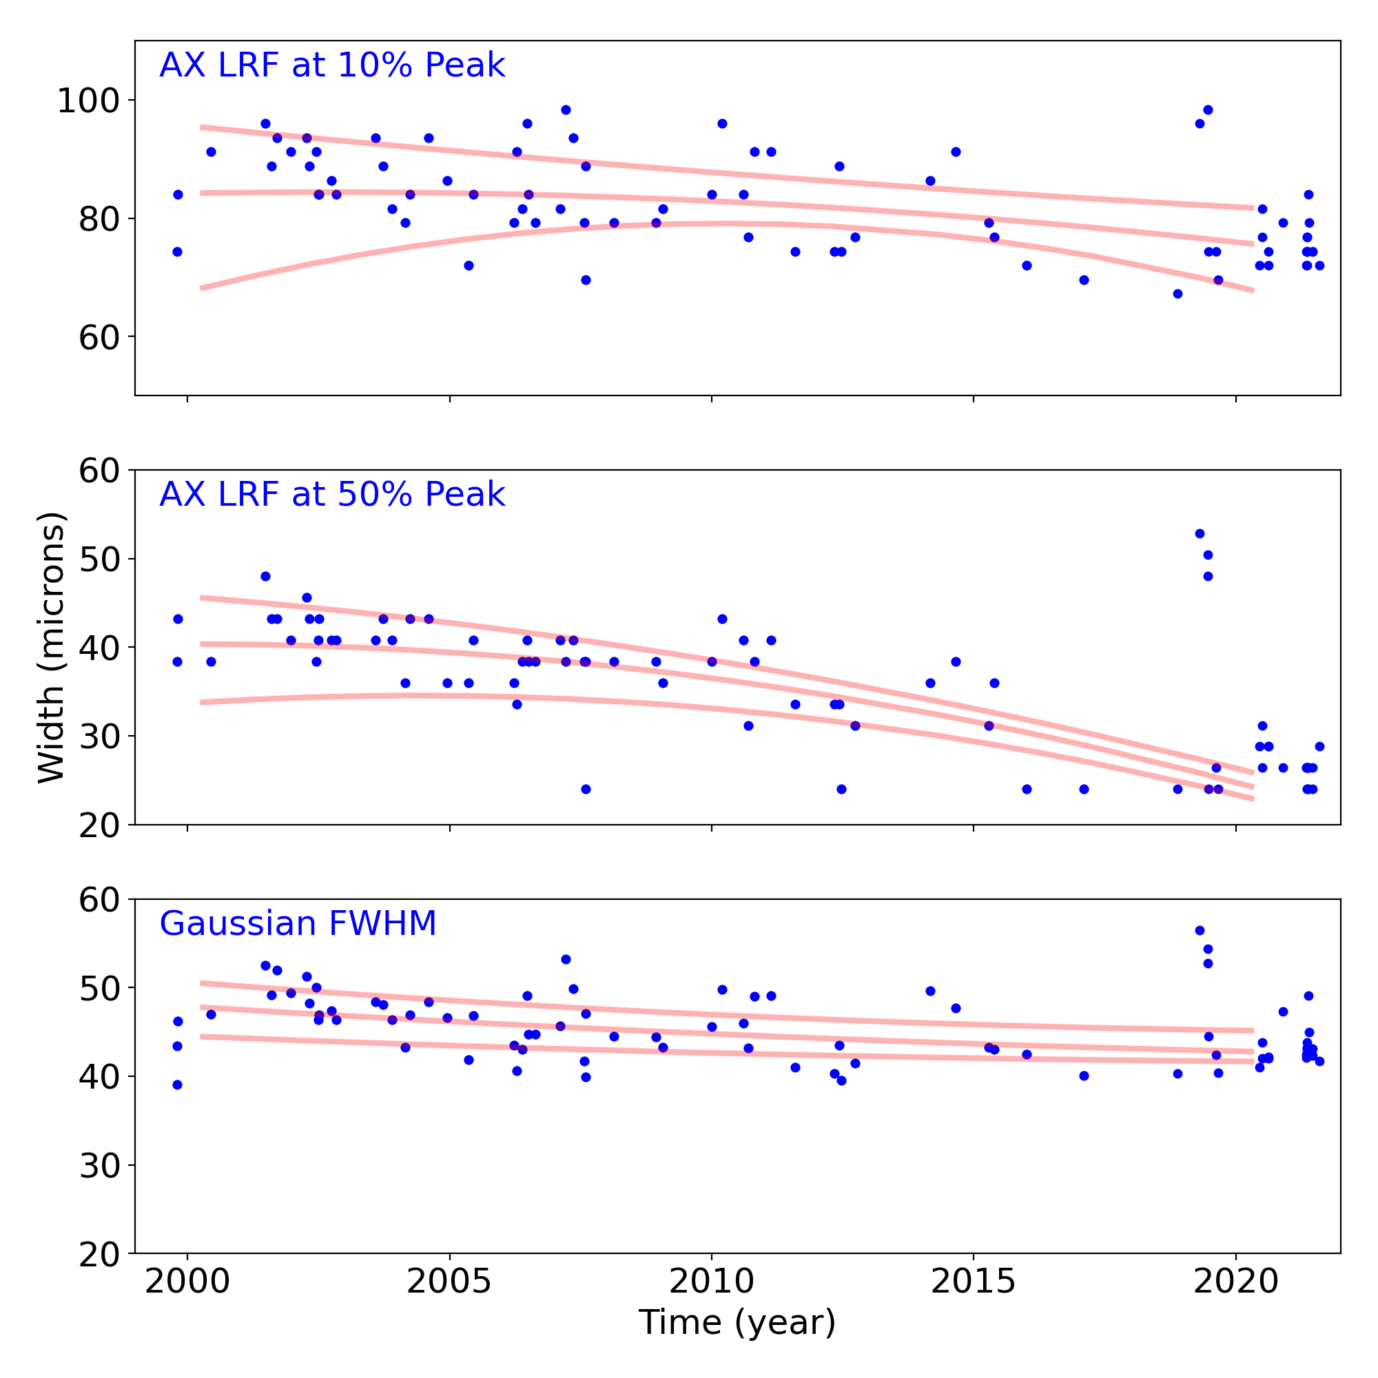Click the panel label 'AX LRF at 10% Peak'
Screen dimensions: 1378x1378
pos(331,65)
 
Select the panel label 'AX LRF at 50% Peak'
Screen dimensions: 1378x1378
pos(331,494)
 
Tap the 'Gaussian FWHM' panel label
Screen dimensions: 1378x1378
pos(298,924)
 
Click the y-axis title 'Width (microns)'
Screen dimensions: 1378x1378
pos(52,647)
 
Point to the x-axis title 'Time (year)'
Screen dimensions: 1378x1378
pos(737,1322)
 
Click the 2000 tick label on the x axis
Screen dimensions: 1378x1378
pos(187,1282)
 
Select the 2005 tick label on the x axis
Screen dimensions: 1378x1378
pos(449,1282)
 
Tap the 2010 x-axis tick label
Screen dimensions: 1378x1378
pos(711,1282)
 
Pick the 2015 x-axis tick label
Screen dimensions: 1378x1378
pos(973,1282)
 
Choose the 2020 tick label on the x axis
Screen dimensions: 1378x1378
pos(1235,1282)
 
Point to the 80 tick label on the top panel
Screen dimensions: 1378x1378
pos(99,219)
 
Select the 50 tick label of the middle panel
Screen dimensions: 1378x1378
pos(99,559)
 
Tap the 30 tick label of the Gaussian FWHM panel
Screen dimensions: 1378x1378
pos(99,1166)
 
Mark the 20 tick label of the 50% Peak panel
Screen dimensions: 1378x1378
pos(99,826)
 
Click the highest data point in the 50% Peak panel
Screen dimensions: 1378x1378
pos(1200,533)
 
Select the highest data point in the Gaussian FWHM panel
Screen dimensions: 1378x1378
pos(1200,931)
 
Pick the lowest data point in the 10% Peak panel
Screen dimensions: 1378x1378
pos(1178,294)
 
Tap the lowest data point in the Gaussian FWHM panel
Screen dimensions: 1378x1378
pos(178,1085)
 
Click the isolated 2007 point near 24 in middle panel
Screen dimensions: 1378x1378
pos(586,789)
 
